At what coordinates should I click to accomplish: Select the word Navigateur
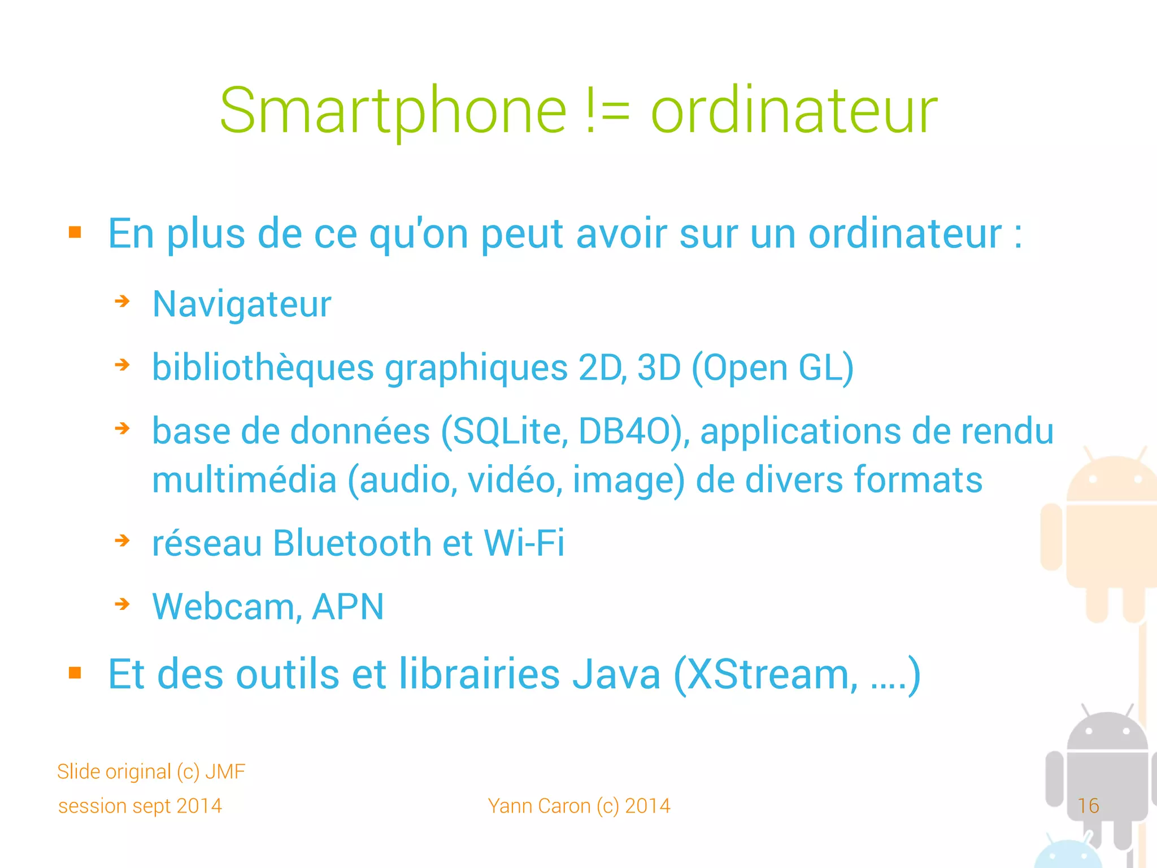click(x=242, y=304)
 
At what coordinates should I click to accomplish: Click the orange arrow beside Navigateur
click(x=122, y=302)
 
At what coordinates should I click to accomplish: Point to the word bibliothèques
click(x=263, y=368)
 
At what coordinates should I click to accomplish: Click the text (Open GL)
click(x=772, y=368)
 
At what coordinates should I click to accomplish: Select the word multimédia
click(x=244, y=480)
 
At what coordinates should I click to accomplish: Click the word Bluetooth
click(x=352, y=543)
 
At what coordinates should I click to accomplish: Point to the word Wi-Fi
click(x=524, y=543)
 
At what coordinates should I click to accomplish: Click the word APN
click(x=347, y=607)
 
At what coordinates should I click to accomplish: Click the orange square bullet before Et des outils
click(x=75, y=673)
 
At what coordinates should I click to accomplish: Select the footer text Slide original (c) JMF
click(x=151, y=771)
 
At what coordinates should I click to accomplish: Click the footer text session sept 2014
click(x=140, y=806)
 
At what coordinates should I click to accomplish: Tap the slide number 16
click(x=1088, y=806)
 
